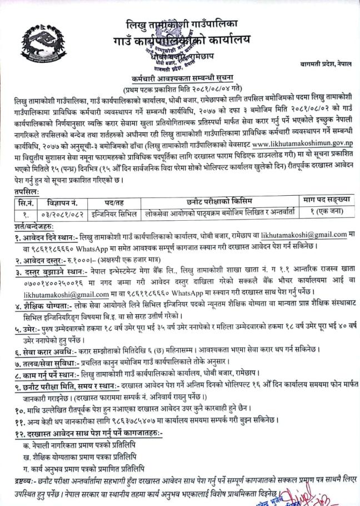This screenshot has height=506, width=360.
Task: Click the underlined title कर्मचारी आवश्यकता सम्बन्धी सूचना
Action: point(179,80)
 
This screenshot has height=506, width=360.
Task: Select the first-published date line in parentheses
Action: point(179,89)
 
